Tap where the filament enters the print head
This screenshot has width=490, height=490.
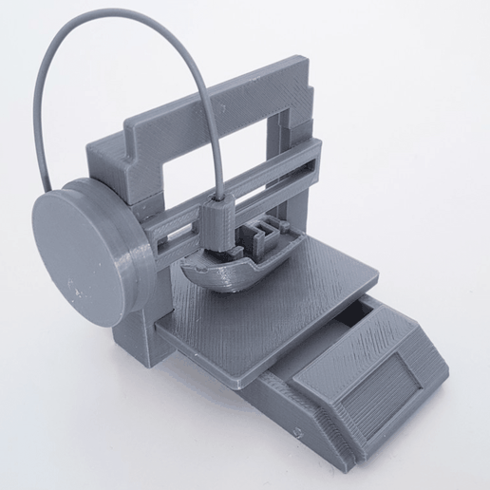click(x=221, y=198)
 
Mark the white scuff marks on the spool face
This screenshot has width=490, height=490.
click(x=71, y=285)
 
